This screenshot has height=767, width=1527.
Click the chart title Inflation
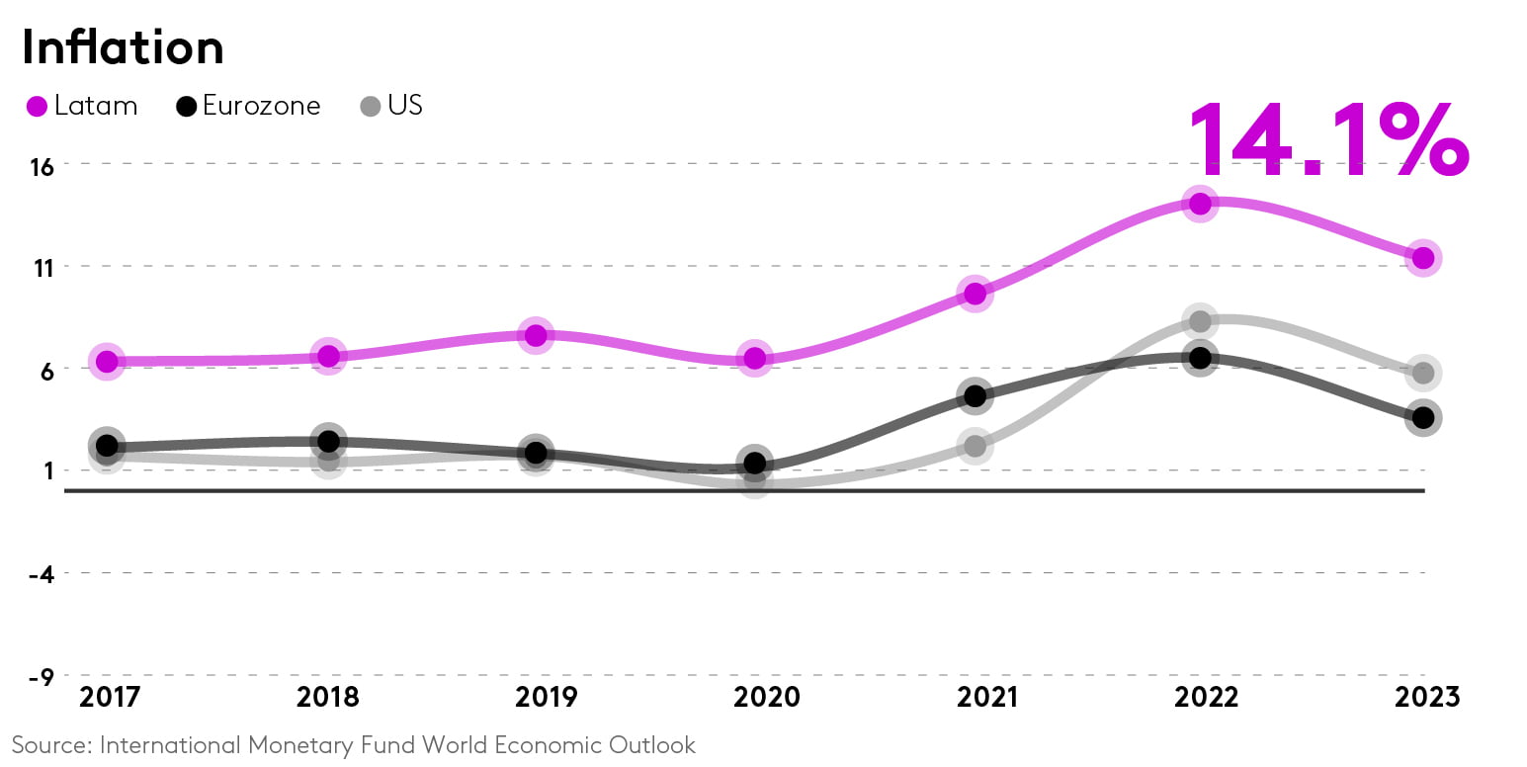tap(123, 47)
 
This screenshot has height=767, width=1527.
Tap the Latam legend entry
tap(82, 106)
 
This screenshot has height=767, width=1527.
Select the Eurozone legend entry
tap(248, 106)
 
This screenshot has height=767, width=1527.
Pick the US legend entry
tap(392, 106)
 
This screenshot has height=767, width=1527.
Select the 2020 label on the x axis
tap(766, 698)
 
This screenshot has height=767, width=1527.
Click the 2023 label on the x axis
tap(1426, 698)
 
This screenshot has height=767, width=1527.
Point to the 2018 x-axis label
tap(328, 698)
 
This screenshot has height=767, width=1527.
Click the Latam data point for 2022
tap(1201, 204)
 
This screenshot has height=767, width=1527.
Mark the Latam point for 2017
tap(107, 362)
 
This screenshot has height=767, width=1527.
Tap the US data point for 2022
tap(1201, 321)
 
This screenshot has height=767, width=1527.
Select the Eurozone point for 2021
tap(975, 396)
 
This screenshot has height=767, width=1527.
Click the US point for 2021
tap(975, 447)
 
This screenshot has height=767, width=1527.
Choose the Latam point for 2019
tap(536, 335)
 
